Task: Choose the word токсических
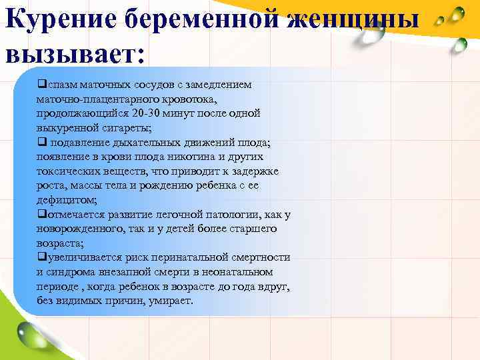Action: (65, 171)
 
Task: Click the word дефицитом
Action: (65, 200)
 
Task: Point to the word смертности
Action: (260, 257)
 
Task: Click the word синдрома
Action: (69, 272)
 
